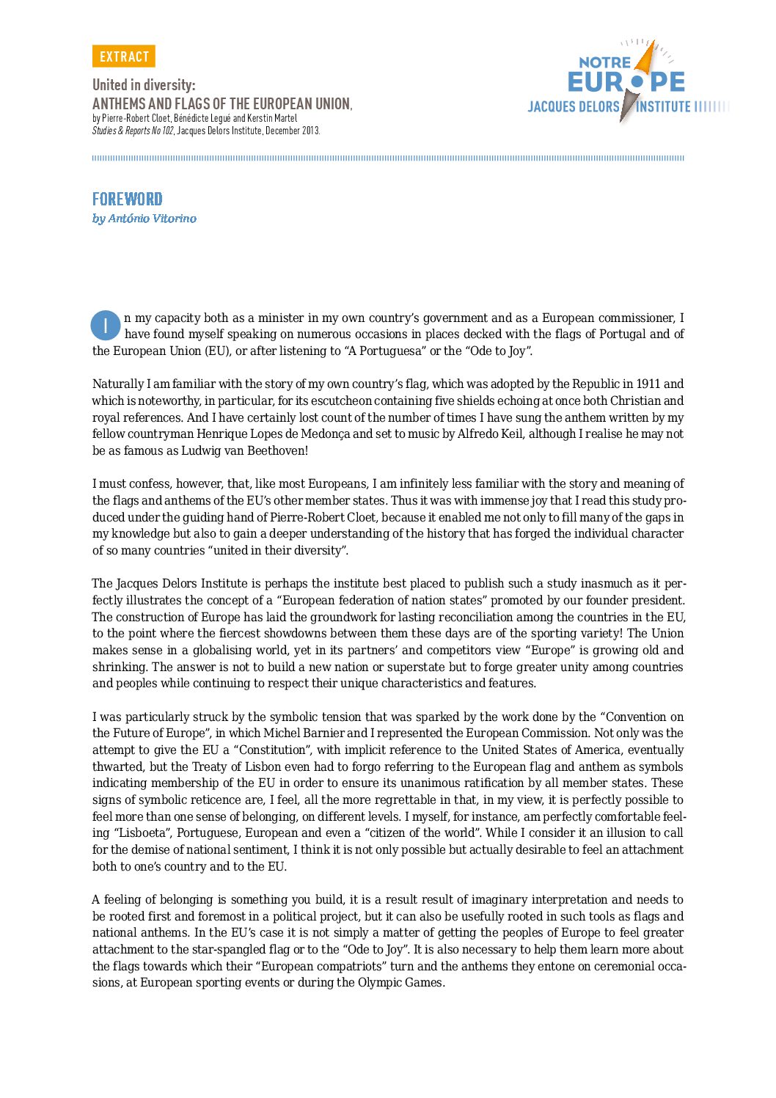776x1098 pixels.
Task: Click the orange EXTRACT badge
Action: [124, 56]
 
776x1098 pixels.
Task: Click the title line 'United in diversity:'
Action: [144, 85]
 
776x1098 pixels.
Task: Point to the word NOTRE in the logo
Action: [604, 63]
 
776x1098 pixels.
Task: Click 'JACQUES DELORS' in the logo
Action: [574, 107]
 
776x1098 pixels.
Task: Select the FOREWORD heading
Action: [127, 199]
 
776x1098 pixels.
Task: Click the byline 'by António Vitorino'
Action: [144, 219]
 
